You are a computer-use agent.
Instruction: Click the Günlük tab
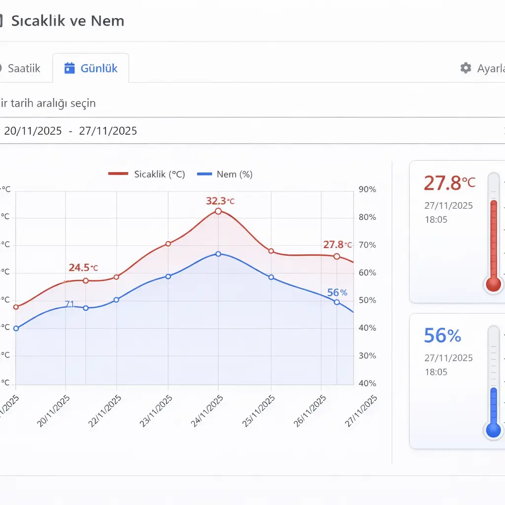(91, 68)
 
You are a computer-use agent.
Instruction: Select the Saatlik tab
(24, 68)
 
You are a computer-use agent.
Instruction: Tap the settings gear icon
(466, 68)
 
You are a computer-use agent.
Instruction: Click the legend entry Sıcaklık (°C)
(146, 174)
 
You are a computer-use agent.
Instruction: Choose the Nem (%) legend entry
(225, 174)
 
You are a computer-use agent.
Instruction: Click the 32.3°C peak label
(220, 201)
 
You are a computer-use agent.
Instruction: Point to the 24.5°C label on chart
(83, 268)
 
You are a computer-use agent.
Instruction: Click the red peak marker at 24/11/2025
(218, 211)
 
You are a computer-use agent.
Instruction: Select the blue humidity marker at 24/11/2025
(218, 254)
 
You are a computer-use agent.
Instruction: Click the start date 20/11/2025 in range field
(33, 131)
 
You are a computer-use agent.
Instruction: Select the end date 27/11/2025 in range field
(108, 131)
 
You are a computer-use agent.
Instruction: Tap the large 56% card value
(442, 336)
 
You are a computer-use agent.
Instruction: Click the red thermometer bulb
(493, 284)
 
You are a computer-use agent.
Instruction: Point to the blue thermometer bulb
(493, 430)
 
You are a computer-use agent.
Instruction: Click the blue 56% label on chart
(337, 292)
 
